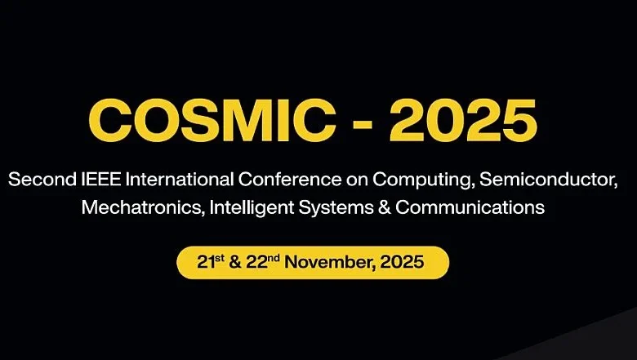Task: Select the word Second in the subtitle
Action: tap(38, 179)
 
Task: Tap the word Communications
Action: tap(472, 208)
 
